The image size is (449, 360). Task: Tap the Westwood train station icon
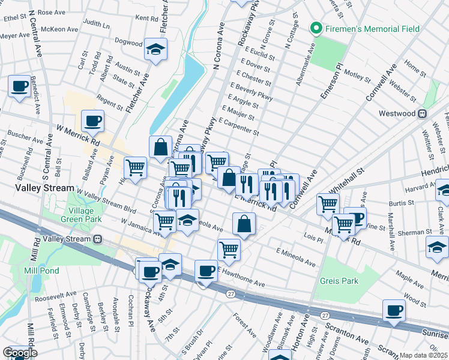(x=422, y=113)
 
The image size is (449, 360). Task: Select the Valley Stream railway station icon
(x=97, y=239)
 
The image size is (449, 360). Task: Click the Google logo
(x=20, y=353)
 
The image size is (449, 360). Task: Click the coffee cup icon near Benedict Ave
(x=19, y=86)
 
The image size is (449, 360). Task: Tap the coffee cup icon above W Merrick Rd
(x=93, y=121)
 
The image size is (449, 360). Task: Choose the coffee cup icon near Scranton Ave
(x=394, y=310)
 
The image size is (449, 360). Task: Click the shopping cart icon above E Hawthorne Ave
(x=229, y=249)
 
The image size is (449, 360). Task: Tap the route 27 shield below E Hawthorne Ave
(x=231, y=293)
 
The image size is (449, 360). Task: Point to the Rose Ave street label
(x=51, y=12)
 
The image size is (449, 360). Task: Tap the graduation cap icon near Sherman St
(x=436, y=247)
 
